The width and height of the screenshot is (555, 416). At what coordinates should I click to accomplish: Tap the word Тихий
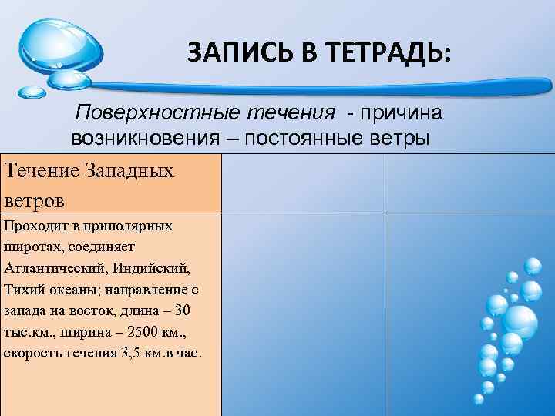[x=22, y=290]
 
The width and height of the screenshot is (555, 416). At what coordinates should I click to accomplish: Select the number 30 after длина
[x=182, y=310]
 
